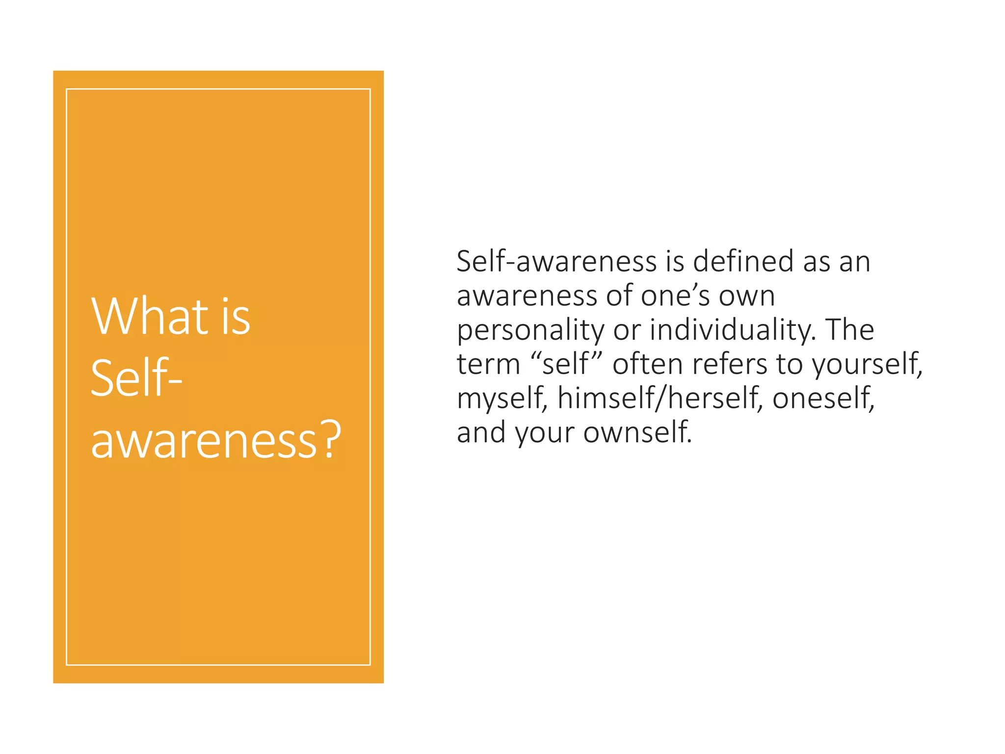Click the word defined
[744, 261]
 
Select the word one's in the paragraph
[675, 296]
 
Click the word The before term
[849, 330]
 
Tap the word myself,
[502, 399]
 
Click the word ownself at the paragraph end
[637, 433]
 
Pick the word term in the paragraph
[488, 364]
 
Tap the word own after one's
[747, 296]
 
